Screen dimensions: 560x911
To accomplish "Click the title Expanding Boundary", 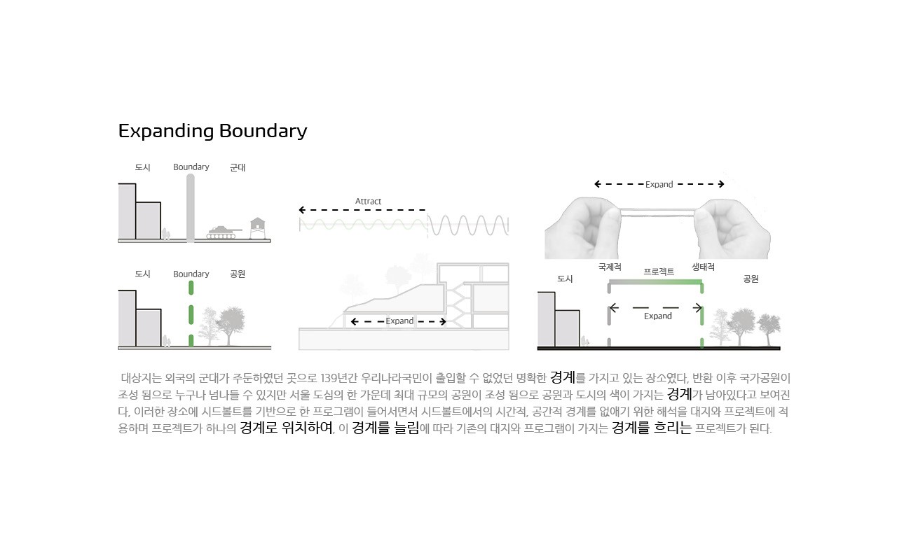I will [212, 131].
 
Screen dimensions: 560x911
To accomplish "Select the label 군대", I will [238, 168].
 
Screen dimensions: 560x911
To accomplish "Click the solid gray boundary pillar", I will [191, 208].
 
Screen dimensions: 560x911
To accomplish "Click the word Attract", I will [368, 202].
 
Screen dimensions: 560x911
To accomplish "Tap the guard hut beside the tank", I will [259, 228].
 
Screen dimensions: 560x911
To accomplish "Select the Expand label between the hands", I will [659, 185].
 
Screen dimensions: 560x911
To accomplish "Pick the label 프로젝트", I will [659, 272].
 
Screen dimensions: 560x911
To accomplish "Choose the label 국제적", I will [610, 267].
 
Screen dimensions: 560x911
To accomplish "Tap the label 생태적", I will [703, 267].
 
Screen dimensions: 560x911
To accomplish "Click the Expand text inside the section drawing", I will [399, 321].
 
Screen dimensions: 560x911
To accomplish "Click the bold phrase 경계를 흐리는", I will [652, 428].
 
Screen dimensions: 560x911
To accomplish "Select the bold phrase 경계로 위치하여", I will [286, 428].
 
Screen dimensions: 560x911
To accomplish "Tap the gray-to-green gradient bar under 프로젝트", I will [655, 281].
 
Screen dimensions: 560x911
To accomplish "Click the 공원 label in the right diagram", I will [751, 279].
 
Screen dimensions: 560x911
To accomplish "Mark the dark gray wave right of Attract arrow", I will [468, 225].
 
